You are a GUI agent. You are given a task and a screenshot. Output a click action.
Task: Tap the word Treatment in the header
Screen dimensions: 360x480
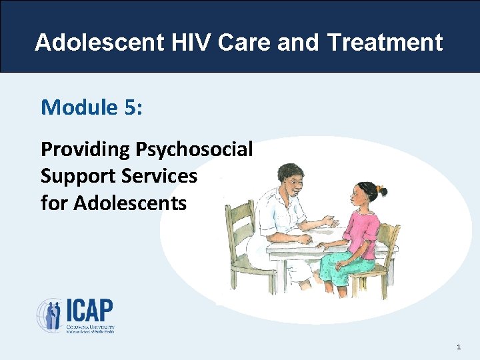pos(385,42)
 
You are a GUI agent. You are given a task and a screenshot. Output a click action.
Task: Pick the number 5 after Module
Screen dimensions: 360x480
pos(129,107)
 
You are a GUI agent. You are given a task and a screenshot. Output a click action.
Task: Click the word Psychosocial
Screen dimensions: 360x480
pos(194,149)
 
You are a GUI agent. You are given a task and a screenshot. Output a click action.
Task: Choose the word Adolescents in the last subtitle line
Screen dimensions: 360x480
pos(130,203)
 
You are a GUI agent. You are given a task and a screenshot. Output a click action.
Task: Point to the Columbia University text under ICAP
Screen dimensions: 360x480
pos(90,327)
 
